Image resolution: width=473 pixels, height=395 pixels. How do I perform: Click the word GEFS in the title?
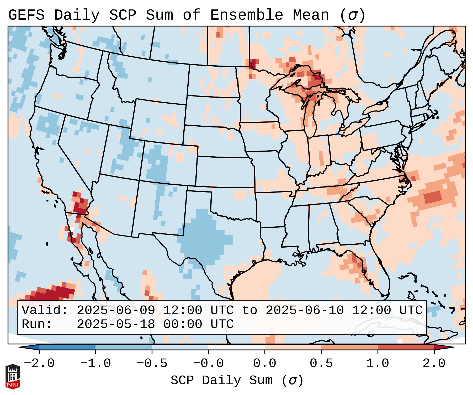(26, 15)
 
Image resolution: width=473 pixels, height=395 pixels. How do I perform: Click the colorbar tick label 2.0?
(434, 364)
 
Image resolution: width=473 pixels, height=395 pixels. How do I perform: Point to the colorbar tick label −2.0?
(39, 364)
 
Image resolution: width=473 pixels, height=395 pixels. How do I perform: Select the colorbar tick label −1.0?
(95, 364)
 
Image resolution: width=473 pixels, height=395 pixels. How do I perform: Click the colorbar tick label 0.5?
(321, 364)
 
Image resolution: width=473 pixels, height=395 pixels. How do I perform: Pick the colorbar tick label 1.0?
(378, 364)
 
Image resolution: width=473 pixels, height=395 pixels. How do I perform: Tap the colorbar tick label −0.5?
(152, 364)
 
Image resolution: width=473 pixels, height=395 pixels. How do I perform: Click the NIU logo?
(13, 376)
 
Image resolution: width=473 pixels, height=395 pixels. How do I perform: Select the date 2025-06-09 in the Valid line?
(116, 311)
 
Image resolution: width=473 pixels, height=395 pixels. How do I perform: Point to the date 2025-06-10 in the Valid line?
(305, 311)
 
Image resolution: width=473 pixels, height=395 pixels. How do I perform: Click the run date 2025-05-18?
(116, 324)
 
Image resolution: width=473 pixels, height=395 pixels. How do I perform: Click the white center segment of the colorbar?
(236, 347)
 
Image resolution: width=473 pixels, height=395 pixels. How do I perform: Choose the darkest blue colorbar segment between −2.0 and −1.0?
(67, 347)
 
